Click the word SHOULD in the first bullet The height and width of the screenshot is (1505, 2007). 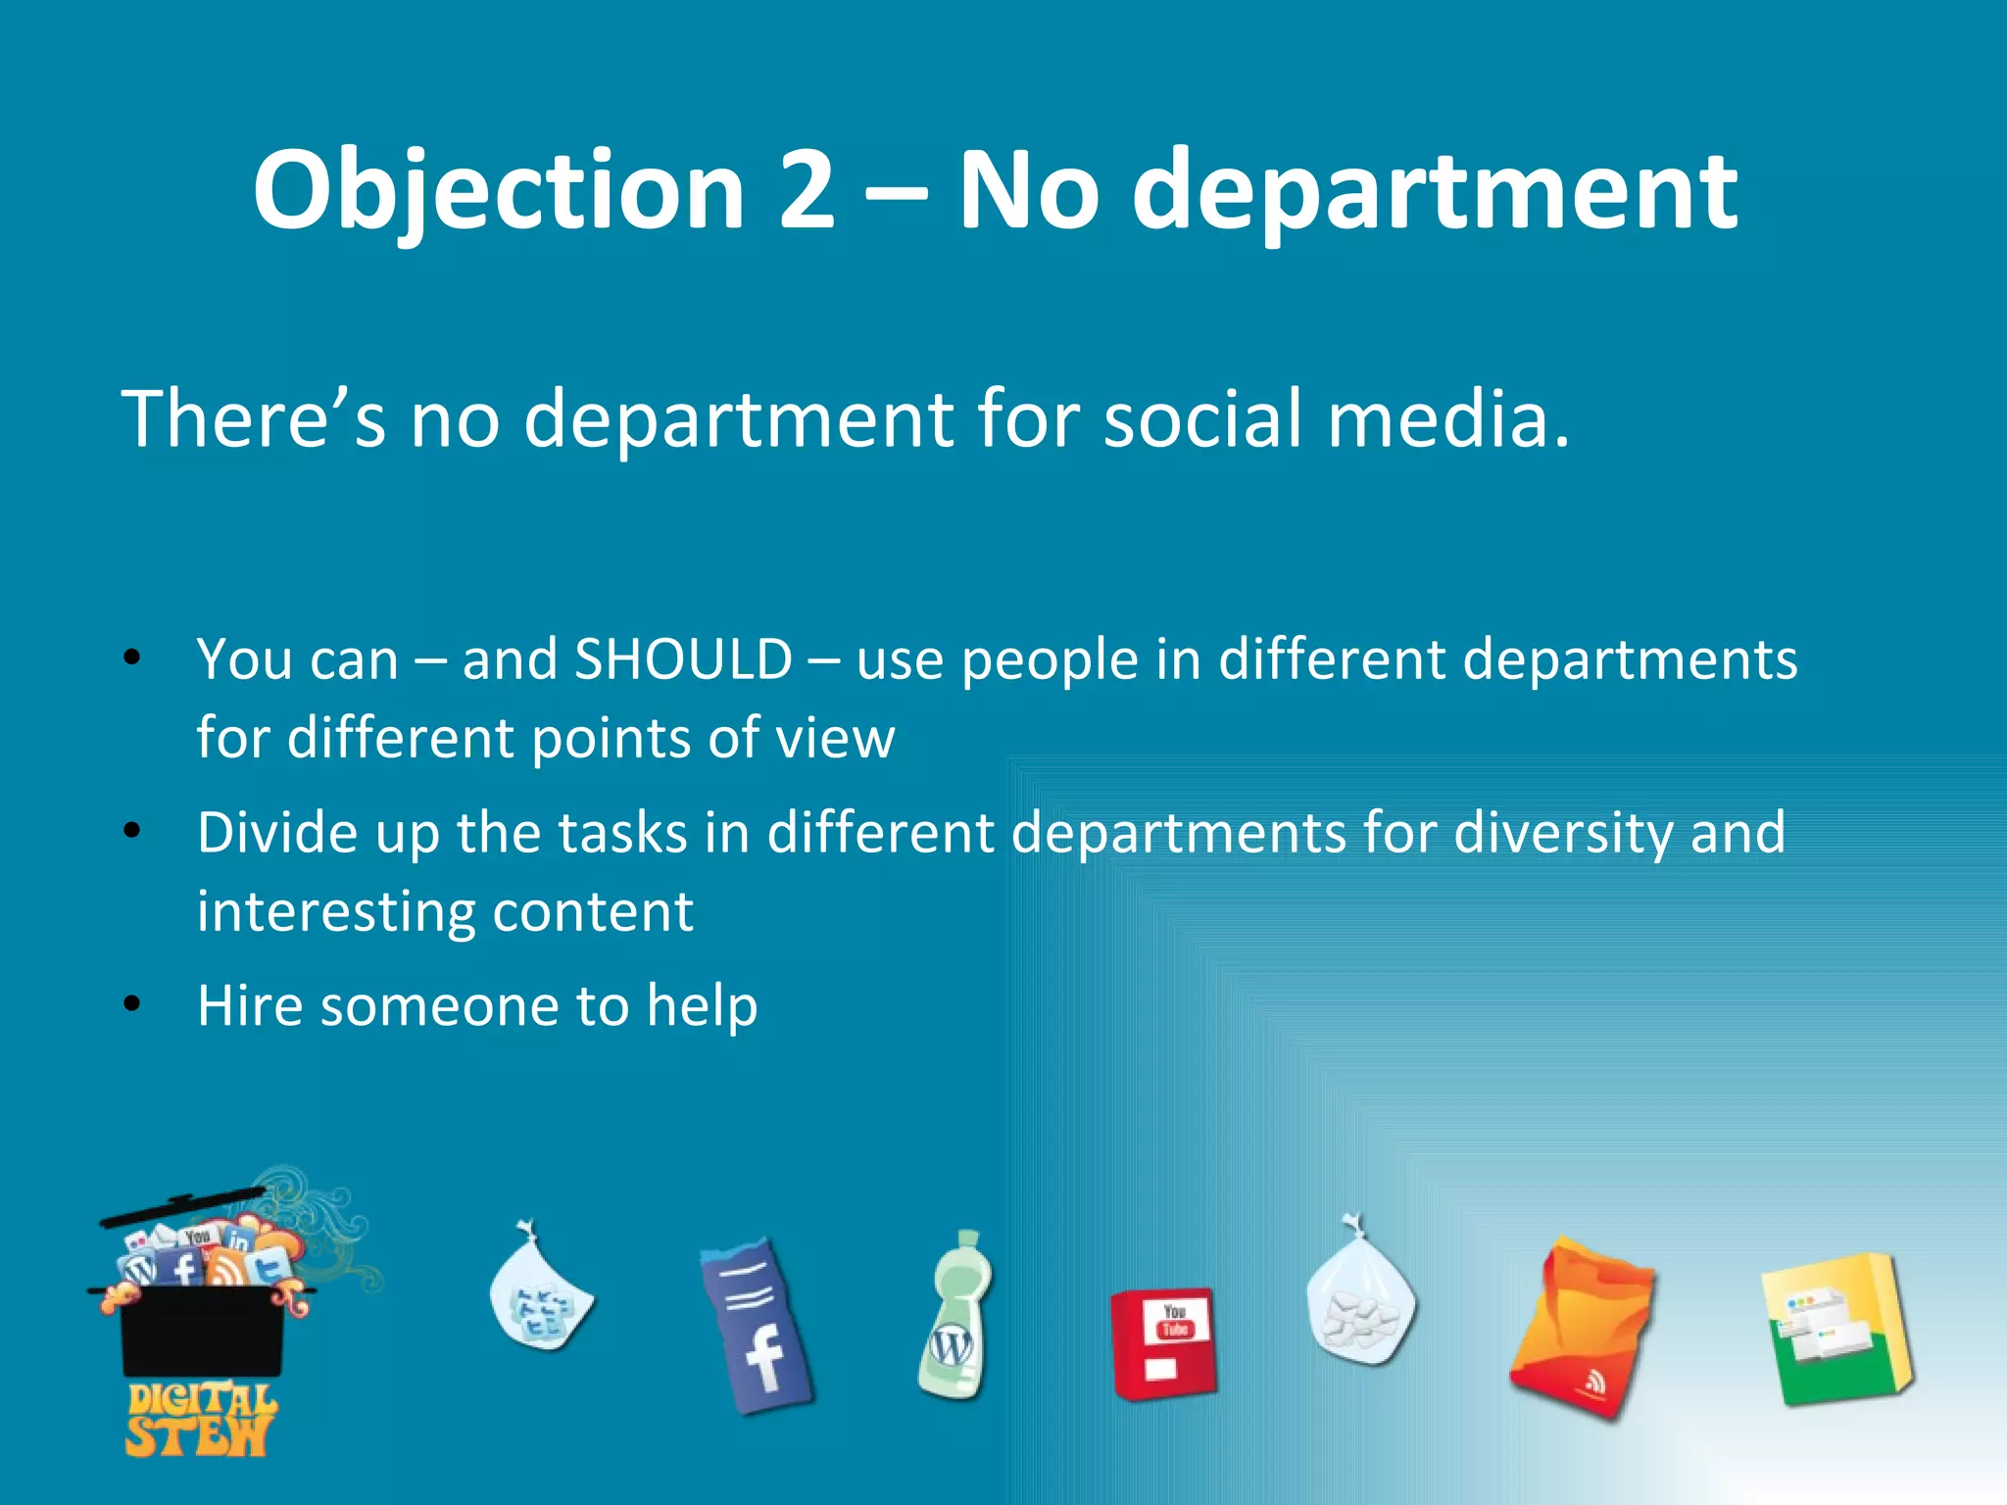pos(683,658)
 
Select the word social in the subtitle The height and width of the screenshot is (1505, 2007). pos(1202,418)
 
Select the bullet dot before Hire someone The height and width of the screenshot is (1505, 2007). pos(132,1004)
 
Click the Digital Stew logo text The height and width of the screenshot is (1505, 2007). pos(201,1419)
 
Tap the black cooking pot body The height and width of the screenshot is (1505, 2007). pos(202,1333)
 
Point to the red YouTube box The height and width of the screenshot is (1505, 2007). pos(1163,1342)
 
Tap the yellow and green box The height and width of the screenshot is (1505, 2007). pos(1835,1329)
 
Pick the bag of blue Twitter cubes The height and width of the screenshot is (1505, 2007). pos(540,1293)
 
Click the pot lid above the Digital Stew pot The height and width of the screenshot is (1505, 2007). pos(182,1207)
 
